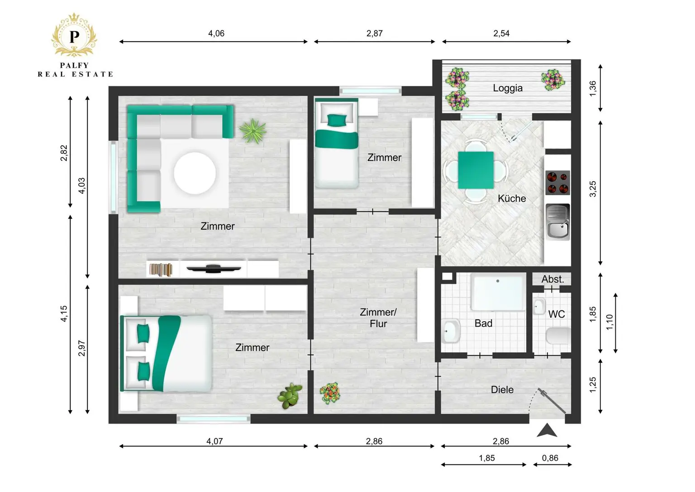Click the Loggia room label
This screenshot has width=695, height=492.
tap(508, 88)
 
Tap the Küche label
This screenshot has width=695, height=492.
tap(512, 198)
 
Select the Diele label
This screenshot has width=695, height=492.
tap(502, 390)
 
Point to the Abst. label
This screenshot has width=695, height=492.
tap(552, 279)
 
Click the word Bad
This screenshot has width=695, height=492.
tap(483, 323)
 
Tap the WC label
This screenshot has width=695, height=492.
tap(557, 314)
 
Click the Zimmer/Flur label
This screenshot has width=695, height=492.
tap(378, 318)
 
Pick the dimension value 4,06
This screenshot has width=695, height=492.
tap(216, 33)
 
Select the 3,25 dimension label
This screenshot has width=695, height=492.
tap(593, 189)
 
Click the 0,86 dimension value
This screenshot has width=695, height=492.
tap(550, 458)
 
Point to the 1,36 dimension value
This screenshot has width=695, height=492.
tap(593, 88)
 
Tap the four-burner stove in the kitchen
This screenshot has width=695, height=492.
tap(557, 183)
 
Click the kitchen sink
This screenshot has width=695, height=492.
tap(557, 222)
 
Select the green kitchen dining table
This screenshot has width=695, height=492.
tap(476, 170)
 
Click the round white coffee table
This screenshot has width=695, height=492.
tap(195, 173)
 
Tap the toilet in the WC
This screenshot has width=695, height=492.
tap(558, 336)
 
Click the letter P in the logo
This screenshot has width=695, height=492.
tap(74, 36)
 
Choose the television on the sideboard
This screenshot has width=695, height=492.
tap(214, 268)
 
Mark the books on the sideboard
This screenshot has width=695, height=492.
tap(161, 270)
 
